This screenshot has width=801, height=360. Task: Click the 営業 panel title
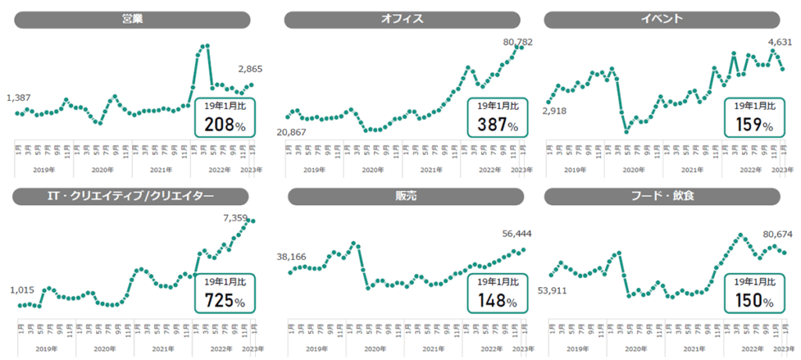(132, 20)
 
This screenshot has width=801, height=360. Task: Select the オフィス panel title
(402, 20)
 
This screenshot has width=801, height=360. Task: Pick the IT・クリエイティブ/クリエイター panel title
(132, 196)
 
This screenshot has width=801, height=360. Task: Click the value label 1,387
(19, 98)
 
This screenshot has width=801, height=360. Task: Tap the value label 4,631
(781, 42)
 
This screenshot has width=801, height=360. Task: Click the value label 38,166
(292, 256)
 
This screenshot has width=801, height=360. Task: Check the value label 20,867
(292, 132)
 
